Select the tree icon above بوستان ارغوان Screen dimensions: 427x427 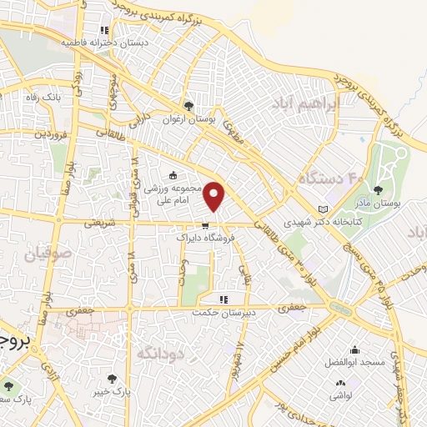(x=188, y=106)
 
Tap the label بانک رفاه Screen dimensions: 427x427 (x=43, y=98)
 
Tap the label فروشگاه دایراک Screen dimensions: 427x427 (x=205, y=239)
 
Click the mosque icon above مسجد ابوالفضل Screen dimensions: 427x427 (x=356, y=350)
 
